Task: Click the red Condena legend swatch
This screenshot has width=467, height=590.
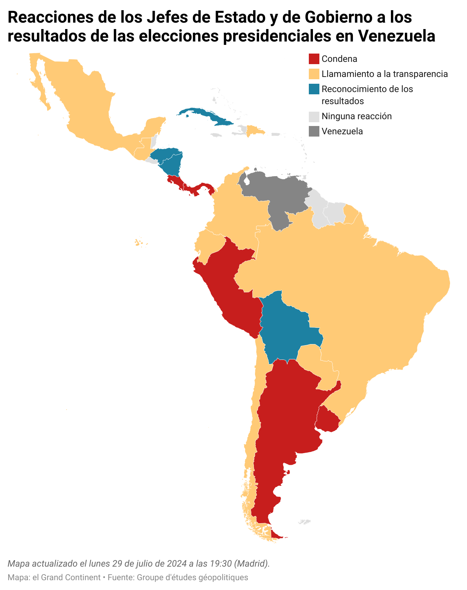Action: [x=314, y=59]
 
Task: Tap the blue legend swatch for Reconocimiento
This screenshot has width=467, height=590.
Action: [x=314, y=89]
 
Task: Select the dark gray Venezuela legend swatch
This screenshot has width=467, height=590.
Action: [x=314, y=131]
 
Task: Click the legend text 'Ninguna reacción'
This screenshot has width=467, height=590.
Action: [x=356, y=116]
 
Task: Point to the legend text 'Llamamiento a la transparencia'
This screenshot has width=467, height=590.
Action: [x=385, y=74]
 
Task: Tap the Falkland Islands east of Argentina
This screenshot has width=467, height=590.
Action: [x=304, y=522]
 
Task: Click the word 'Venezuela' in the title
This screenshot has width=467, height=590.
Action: [x=397, y=36]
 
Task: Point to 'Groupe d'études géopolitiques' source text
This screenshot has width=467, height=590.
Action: [x=192, y=578]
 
